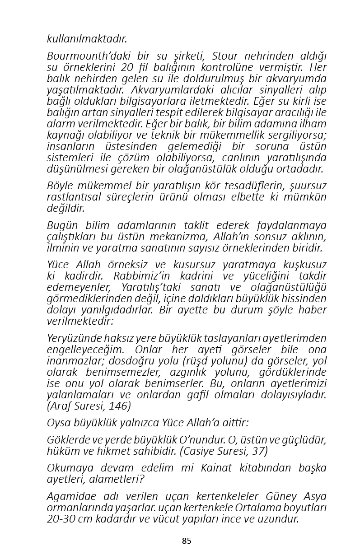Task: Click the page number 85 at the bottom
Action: [187, 541]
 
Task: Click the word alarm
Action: [59, 124]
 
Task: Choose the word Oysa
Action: [59, 423]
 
